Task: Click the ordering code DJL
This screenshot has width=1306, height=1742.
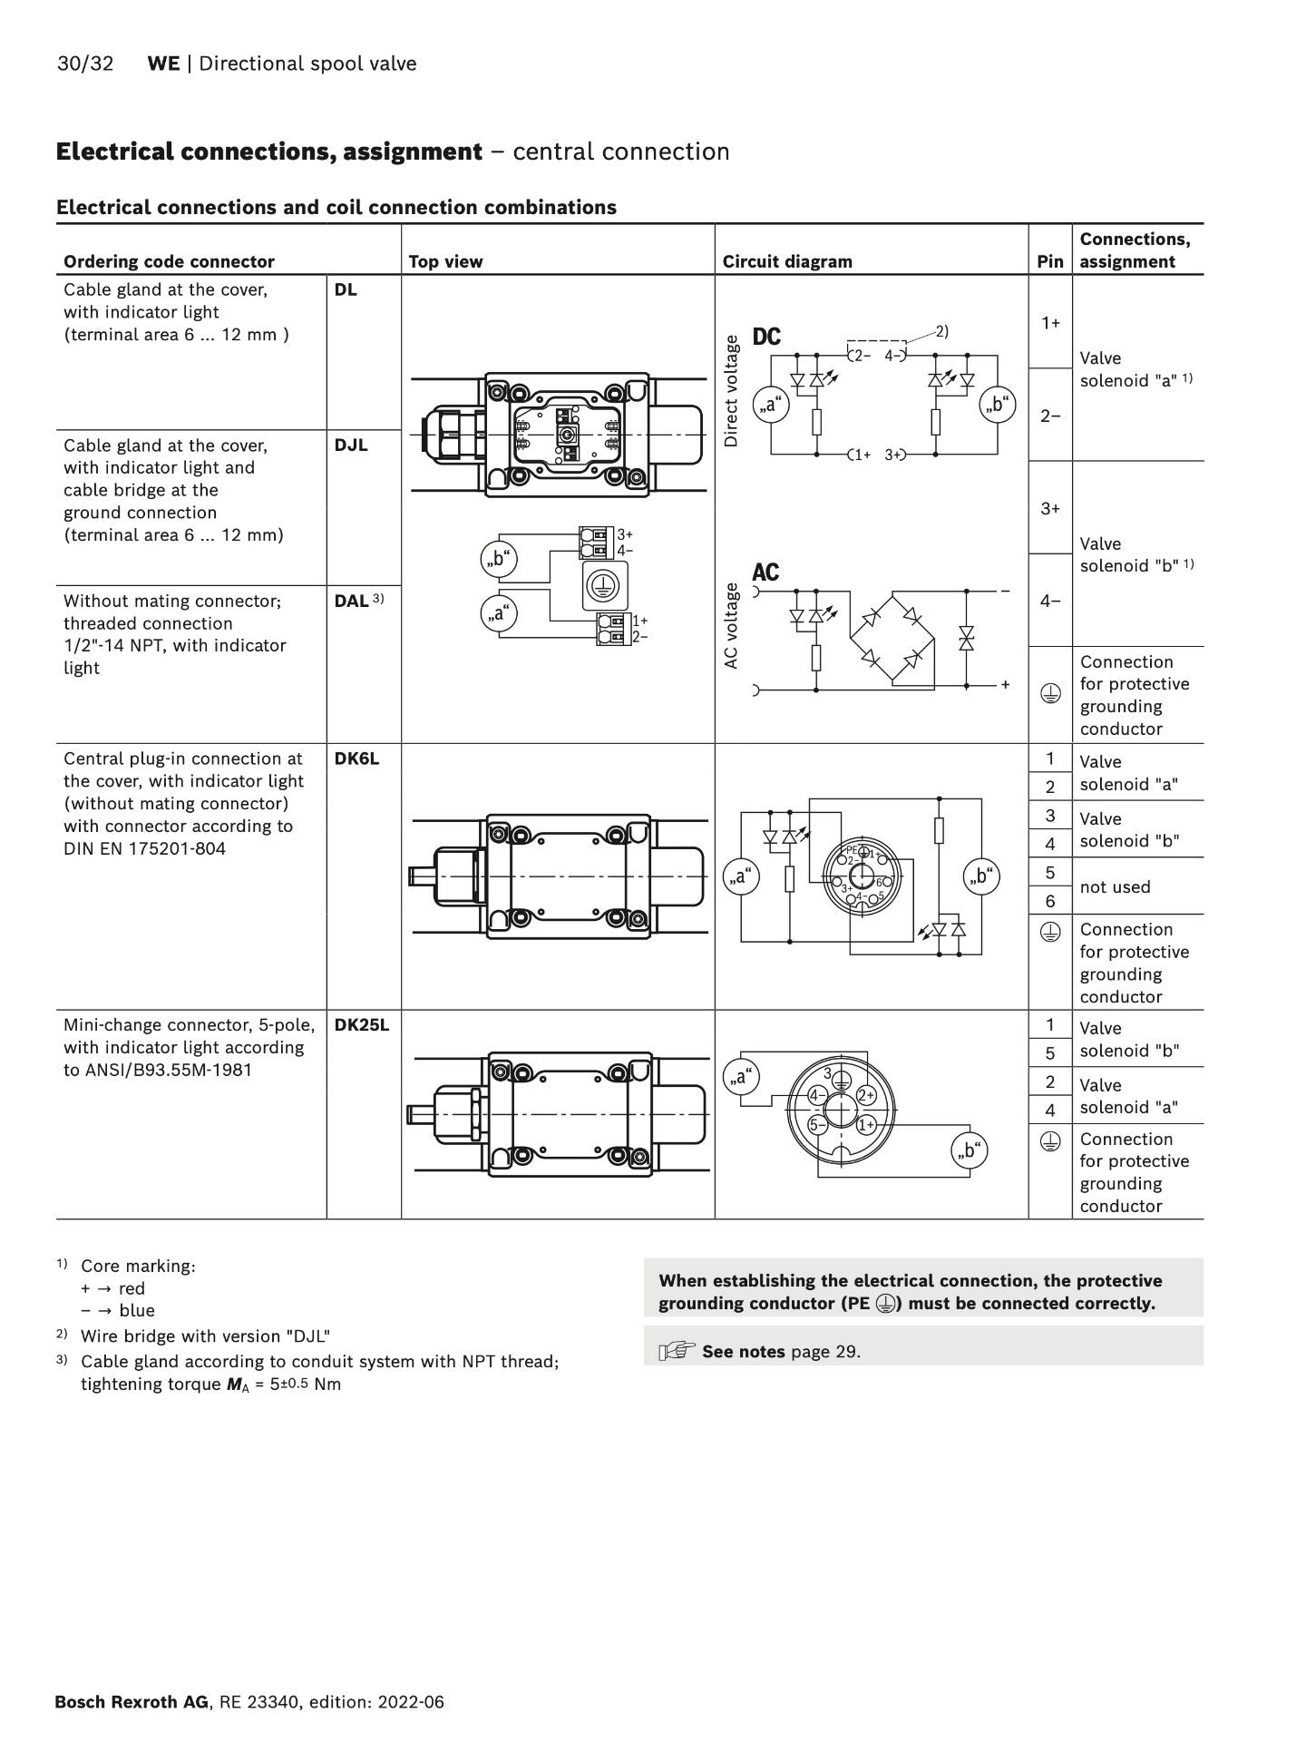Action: pyautogui.click(x=351, y=445)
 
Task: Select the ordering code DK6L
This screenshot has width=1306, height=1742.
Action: pyautogui.click(x=356, y=758)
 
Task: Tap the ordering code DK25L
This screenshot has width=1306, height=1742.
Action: pyautogui.click(x=361, y=1025)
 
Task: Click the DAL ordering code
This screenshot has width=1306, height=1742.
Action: pyautogui.click(x=352, y=601)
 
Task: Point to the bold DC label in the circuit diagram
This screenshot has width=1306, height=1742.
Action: pyautogui.click(x=766, y=337)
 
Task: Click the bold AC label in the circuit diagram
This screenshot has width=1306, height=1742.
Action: pyautogui.click(x=765, y=573)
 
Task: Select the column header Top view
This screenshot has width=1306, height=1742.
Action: pyautogui.click(x=445, y=262)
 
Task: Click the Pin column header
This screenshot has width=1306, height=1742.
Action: pyautogui.click(x=1049, y=262)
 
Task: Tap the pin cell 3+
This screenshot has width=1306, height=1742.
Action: pyautogui.click(x=1050, y=508)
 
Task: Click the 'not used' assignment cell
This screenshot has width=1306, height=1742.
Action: pyautogui.click(x=1115, y=887)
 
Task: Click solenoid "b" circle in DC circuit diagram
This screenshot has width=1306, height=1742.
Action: pyautogui.click(x=998, y=405)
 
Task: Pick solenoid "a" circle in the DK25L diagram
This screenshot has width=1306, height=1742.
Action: pyautogui.click(x=741, y=1077)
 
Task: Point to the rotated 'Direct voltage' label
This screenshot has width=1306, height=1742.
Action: pyautogui.click(x=731, y=391)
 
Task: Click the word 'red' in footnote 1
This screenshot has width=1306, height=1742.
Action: pyautogui.click(x=132, y=1288)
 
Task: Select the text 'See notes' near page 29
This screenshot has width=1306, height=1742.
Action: pyautogui.click(x=743, y=1352)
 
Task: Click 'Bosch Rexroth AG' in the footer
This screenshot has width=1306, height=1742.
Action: pyautogui.click(x=132, y=1702)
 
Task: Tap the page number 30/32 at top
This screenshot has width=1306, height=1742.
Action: pyautogui.click(x=85, y=64)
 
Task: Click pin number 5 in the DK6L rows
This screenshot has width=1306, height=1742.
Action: pyautogui.click(x=1050, y=873)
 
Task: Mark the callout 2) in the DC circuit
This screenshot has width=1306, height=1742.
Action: pyautogui.click(x=941, y=331)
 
